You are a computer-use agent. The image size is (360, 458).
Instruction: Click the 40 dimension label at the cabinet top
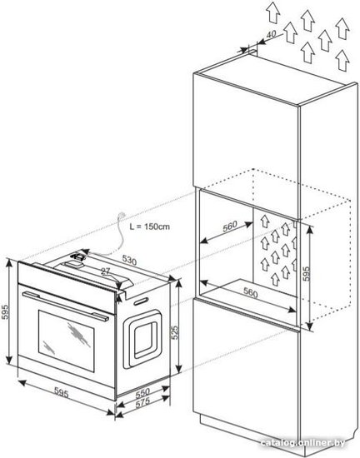coord(272,34)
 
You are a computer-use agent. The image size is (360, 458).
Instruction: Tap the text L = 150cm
coord(150,227)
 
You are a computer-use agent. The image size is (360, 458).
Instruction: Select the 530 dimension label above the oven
coord(129,260)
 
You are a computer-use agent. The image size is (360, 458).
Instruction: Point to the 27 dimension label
coord(106,271)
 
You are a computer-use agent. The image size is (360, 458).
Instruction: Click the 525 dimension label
coord(174,332)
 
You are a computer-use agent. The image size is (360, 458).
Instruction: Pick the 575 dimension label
coord(142,402)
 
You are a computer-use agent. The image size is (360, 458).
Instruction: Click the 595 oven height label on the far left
coord(5,312)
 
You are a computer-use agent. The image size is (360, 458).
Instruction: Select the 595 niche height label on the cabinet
coord(306,273)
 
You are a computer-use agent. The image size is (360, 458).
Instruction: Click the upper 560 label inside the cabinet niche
coord(230,227)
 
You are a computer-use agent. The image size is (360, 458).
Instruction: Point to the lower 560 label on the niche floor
coord(251,292)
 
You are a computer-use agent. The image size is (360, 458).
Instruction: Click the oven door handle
coord(66,306)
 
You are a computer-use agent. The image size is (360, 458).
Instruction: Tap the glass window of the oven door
coord(67,341)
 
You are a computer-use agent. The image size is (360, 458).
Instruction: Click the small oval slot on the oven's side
coord(141,301)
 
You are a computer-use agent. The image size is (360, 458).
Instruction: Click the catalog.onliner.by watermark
coord(302,442)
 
